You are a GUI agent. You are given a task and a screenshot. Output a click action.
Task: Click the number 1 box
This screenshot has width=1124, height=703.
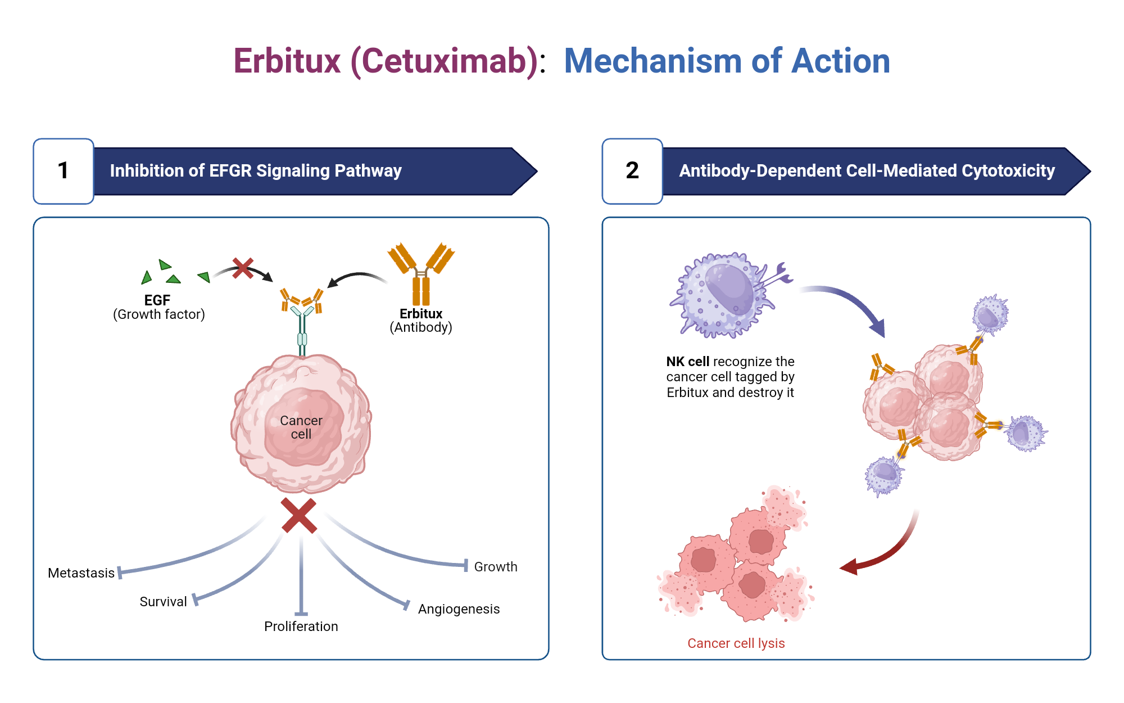(x=64, y=171)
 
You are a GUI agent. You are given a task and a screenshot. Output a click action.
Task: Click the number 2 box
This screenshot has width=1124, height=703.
(x=632, y=171)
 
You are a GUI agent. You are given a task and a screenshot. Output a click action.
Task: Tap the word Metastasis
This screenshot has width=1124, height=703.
(x=81, y=573)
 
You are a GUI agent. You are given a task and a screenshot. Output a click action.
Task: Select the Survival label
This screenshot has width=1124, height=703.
(x=163, y=602)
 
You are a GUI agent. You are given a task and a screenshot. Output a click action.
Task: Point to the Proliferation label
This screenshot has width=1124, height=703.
(x=301, y=627)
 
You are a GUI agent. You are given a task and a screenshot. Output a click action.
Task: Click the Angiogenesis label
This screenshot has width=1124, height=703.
(x=459, y=609)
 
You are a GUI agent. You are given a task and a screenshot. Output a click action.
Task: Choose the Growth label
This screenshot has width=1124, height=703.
(x=496, y=567)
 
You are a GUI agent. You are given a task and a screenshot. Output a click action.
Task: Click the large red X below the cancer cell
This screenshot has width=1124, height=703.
(x=299, y=515)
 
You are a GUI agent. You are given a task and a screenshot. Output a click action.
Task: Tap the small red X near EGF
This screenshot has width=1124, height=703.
(x=243, y=268)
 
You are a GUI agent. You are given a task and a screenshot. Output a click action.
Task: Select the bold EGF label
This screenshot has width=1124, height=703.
(x=157, y=300)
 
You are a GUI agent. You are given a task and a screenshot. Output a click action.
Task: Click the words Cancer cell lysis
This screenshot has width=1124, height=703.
(x=736, y=643)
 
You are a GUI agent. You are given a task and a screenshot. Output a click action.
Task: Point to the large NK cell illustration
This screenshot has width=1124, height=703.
(x=722, y=295)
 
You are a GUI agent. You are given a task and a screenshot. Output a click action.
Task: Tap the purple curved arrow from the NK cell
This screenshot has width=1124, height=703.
(x=849, y=304)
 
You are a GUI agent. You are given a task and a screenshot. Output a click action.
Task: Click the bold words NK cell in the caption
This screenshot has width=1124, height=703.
(x=687, y=362)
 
